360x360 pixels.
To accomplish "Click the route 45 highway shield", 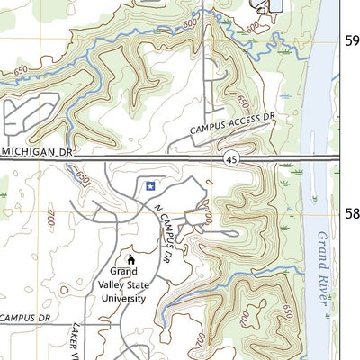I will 231,158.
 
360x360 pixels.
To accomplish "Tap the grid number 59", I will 353,40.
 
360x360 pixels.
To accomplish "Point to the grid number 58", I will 353,214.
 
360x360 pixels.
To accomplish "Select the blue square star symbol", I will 150,185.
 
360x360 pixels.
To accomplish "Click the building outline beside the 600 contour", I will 271,7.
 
